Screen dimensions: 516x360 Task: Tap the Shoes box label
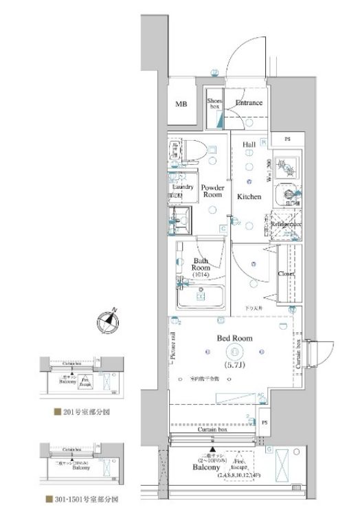[x=215, y=104]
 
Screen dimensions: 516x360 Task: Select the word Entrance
[x=248, y=103]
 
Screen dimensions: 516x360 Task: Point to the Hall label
[x=249, y=145]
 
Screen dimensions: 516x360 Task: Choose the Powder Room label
[x=212, y=191]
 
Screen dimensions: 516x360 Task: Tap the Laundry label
[x=182, y=187]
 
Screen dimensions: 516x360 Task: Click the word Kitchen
[x=249, y=197]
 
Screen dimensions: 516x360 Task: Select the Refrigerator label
[x=286, y=225]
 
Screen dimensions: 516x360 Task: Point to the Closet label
[x=286, y=273]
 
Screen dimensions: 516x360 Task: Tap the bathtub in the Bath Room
[x=201, y=298]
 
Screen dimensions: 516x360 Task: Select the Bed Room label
[x=234, y=338]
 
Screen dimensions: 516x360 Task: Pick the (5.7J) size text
[x=234, y=364]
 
